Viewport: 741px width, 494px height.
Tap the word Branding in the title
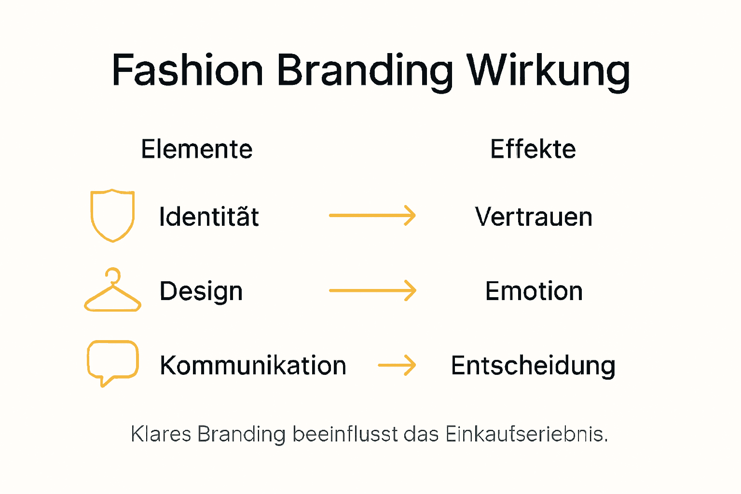tap(365, 71)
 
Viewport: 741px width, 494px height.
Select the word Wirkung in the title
tap(548, 71)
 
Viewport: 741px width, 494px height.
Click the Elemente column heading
tap(196, 149)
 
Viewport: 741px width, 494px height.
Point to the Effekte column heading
tap(533, 149)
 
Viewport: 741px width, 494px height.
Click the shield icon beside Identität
tap(112, 215)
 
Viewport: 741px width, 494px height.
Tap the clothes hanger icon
tap(112, 291)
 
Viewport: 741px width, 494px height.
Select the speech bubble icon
tap(112, 362)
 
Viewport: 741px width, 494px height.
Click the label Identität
tap(208, 216)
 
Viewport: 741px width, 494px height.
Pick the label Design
tap(201, 291)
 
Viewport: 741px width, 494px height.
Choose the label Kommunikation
tap(253, 365)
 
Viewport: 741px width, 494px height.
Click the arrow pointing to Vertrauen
tap(372, 215)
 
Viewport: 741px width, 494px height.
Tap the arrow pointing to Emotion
tap(372, 290)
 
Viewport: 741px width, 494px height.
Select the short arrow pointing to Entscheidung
tap(397, 365)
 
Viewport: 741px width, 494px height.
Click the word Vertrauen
tap(533, 217)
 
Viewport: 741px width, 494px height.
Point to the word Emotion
tap(534, 291)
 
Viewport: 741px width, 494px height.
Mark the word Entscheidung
tap(533, 365)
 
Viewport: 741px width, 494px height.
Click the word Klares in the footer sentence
tap(161, 434)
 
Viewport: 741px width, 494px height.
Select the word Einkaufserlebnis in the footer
tap(526, 434)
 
